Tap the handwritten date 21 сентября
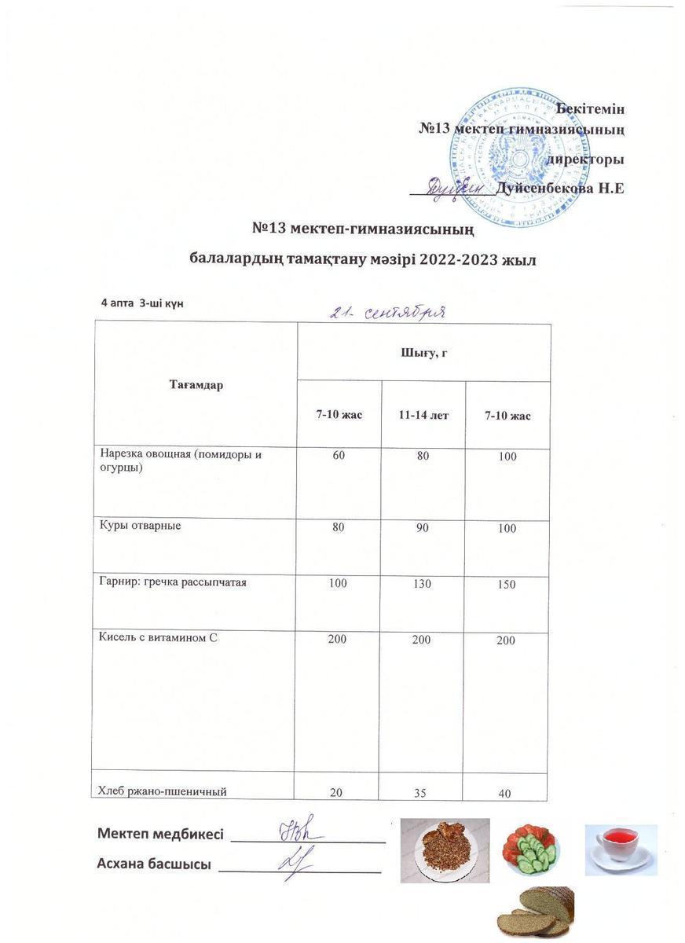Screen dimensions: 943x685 (388, 312)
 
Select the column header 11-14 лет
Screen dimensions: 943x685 (423, 414)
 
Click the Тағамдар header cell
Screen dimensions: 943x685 (196, 385)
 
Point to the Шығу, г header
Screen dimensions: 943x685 (423, 353)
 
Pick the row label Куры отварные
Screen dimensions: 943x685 (140, 525)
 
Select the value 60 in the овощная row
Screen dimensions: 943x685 (338, 455)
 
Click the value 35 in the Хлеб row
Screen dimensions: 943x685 (421, 793)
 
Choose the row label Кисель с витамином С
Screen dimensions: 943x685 (157, 637)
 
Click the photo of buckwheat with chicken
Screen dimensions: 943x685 (445, 849)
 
